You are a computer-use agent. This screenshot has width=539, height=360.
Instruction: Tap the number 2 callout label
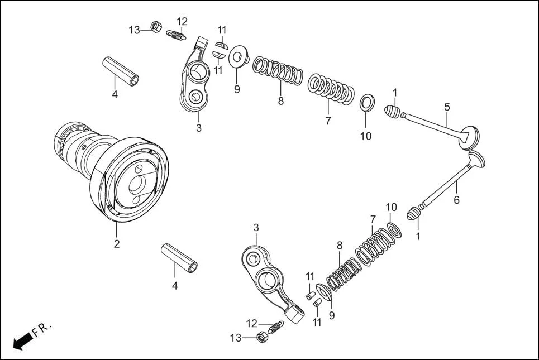(117, 244)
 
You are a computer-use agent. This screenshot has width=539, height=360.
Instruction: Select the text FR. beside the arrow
(42, 329)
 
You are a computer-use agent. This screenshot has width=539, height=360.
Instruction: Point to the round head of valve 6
(475, 160)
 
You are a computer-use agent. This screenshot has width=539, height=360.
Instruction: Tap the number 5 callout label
(447, 107)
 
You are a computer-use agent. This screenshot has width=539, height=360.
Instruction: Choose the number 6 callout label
(456, 200)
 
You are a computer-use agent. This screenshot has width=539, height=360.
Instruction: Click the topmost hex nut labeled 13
(157, 26)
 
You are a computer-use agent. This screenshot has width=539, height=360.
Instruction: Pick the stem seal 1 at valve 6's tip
(412, 213)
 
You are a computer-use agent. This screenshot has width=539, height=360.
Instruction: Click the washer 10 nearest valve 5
(366, 103)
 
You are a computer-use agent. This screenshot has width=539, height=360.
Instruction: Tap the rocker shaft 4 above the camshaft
(121, 71)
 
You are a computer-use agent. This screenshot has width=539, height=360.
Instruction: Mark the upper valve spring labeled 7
(332, 89)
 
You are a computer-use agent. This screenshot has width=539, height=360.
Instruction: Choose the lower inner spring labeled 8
(341, 273)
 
